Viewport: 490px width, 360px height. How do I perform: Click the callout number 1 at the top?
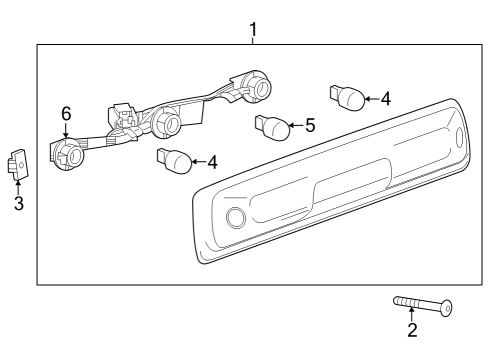coord(253,29)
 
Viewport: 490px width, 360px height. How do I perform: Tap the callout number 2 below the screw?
coord(411,330)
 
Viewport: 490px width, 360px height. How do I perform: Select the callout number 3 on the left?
coord(18,205)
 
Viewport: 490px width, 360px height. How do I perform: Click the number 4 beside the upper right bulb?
coord(385,99)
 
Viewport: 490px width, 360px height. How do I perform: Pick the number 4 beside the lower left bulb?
coord(211,160)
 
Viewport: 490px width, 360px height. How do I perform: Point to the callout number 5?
coord(310,126)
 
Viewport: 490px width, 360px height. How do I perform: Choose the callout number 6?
coord(67,113)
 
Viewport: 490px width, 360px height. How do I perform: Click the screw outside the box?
coord(420,304)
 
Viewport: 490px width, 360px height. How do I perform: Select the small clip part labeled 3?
coord(19,163)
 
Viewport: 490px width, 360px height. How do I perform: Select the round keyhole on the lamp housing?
coord(236,219)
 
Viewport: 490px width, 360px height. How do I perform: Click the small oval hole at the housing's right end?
coord(459,140)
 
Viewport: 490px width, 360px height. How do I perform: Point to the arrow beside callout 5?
coord(295,126)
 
